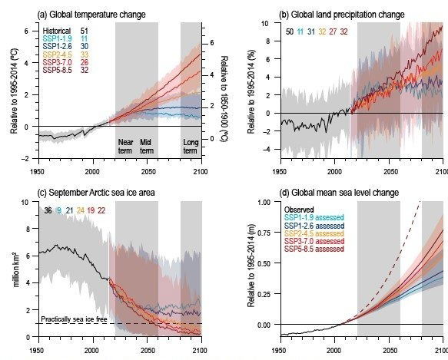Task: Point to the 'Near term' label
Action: click(126, 143)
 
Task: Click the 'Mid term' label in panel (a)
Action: click(148, 143)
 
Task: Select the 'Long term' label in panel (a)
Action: click(191, 143)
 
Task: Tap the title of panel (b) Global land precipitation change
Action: click(320, 8)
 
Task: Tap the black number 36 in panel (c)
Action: click(48, 210)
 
